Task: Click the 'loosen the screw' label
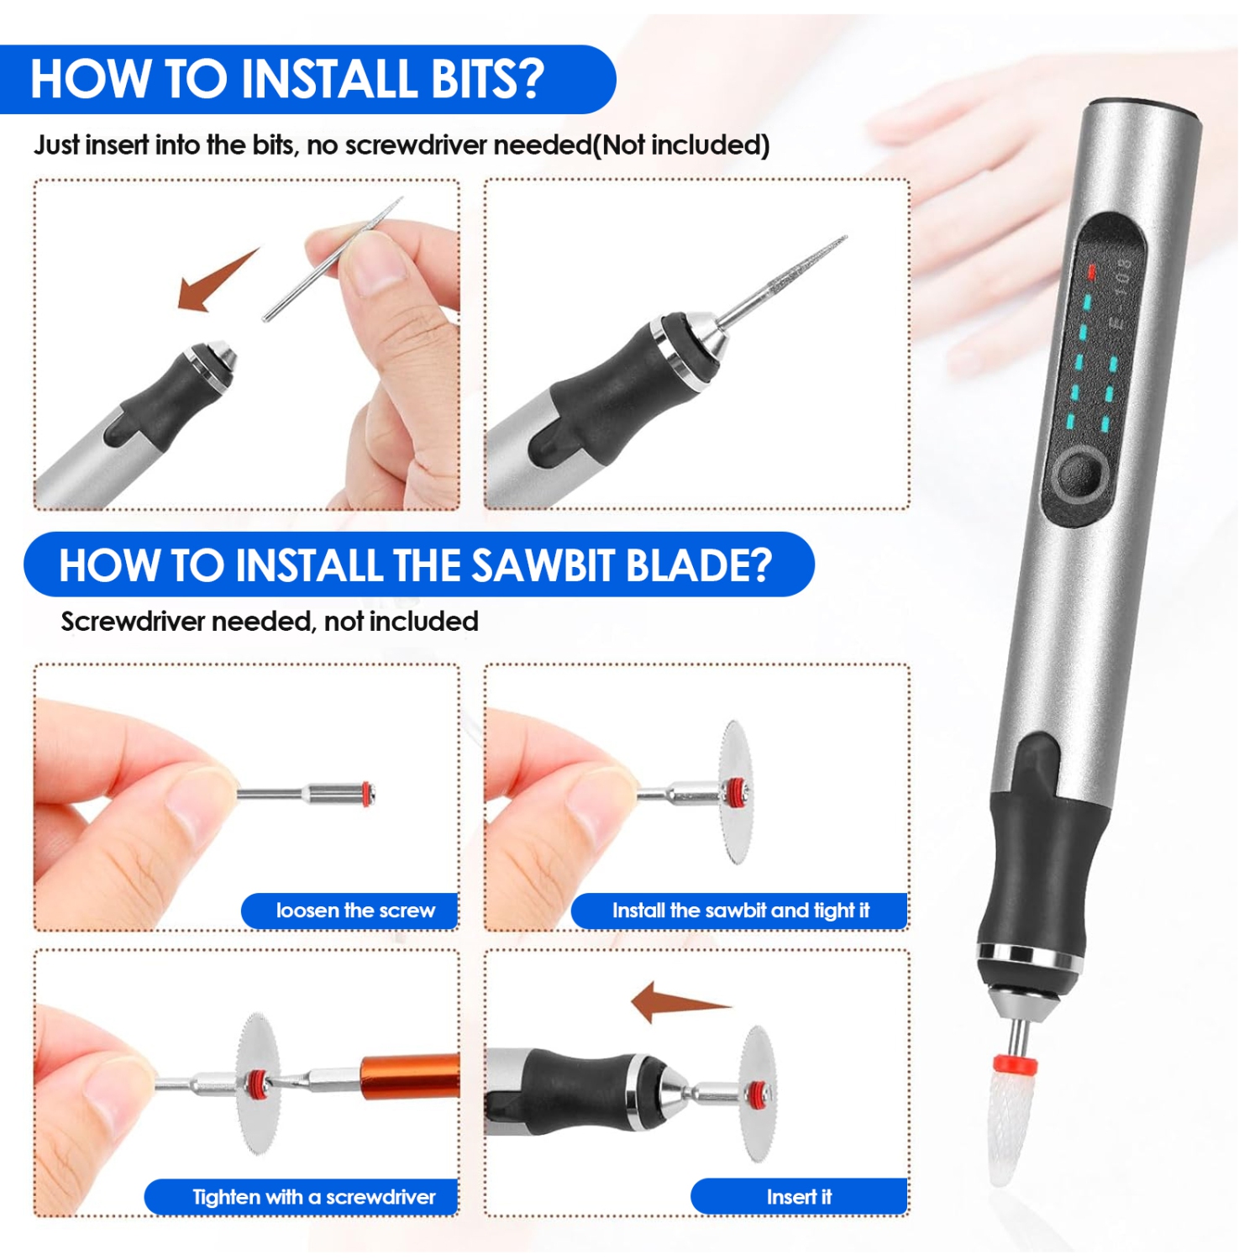pyautogui.click(x=354, y=911)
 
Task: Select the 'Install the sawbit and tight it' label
pyautogui.click(x=740, y=911)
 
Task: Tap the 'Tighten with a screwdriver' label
pyautogui.click(x=313, y=1197)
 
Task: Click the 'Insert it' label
pyautogui.click(x=798, y=1197)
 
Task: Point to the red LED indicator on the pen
pyautogui.click(x=1091, y=271)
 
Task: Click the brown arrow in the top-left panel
pyautogui.click(x=214, y=281)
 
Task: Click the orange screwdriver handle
pyautogui.click(x=410, y=1077)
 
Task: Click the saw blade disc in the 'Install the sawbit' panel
pyautogui.click(x=737, y=791)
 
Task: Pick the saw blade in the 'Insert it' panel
pyautogui.click(x=759, y=1094)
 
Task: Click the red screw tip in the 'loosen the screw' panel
pyautogui.click(x=367, y=794)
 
